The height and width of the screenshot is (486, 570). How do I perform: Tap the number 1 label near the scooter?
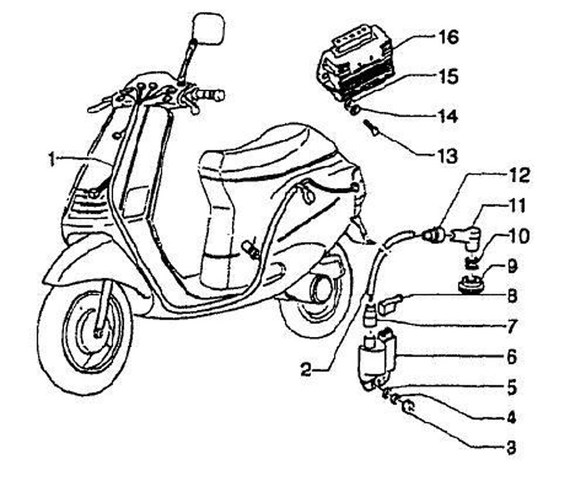click(x=51, y=159)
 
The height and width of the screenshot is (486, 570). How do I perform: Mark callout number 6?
click(x=511, y=358)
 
